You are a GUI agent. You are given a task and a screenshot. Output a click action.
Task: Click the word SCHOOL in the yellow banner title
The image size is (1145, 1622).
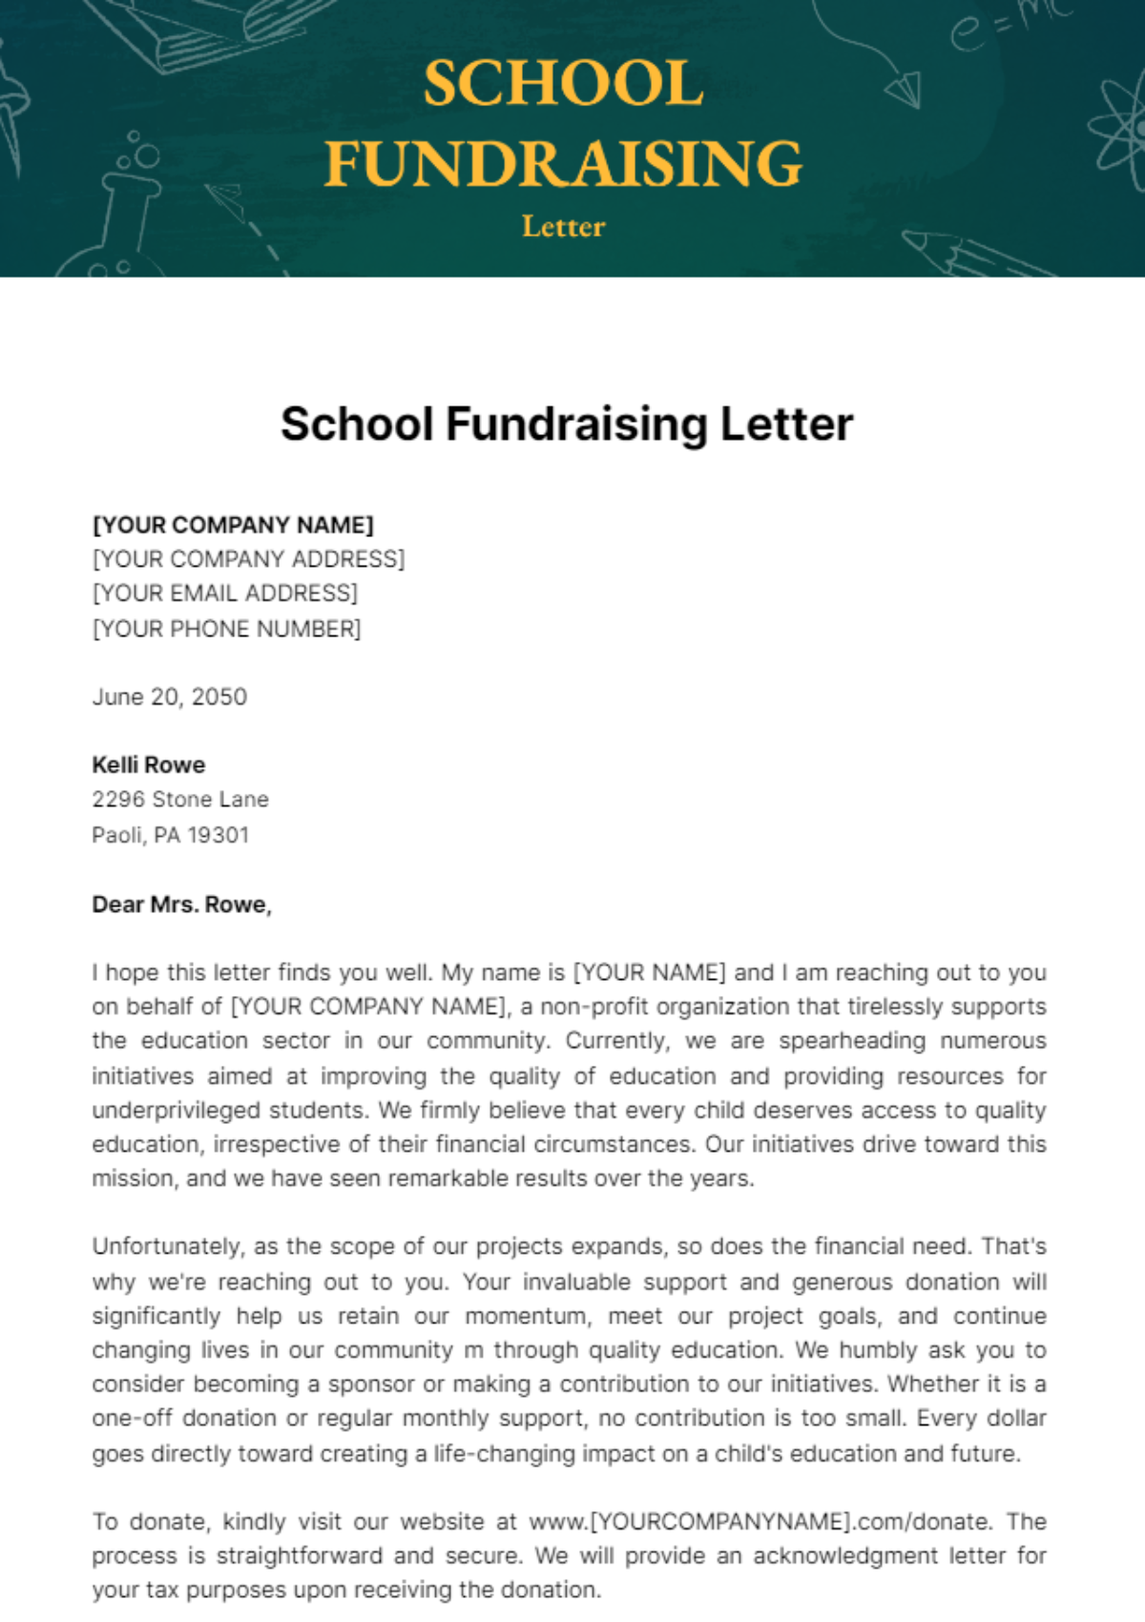tap(563, 84)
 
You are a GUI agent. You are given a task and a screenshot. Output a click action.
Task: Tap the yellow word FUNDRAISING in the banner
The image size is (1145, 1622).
tap(563, 163)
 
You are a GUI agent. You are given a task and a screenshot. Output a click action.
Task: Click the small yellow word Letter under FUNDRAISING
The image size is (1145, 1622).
tap(563, 227)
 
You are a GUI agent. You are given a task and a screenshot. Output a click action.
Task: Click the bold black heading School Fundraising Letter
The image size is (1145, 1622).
tap(567, 425)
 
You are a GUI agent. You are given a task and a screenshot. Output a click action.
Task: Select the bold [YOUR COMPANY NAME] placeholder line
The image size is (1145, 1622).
tap(233, 525)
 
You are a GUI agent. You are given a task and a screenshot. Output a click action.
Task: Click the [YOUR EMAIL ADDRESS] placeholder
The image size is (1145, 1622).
tap(225, 593)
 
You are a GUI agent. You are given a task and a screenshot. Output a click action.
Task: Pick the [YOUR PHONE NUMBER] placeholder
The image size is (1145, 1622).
tap(227, 629)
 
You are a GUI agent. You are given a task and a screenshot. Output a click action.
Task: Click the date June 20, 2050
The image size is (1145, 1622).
tap(170, 697)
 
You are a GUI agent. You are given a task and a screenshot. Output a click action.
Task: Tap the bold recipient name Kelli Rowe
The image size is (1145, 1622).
tap(149, 765)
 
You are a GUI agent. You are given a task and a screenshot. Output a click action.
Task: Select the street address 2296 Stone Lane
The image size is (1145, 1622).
tap(180, 800)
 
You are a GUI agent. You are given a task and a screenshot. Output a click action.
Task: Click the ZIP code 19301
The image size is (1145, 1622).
tap(218, 835)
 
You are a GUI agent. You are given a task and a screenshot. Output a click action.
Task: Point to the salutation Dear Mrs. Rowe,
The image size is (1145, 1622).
tap(181, 905)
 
